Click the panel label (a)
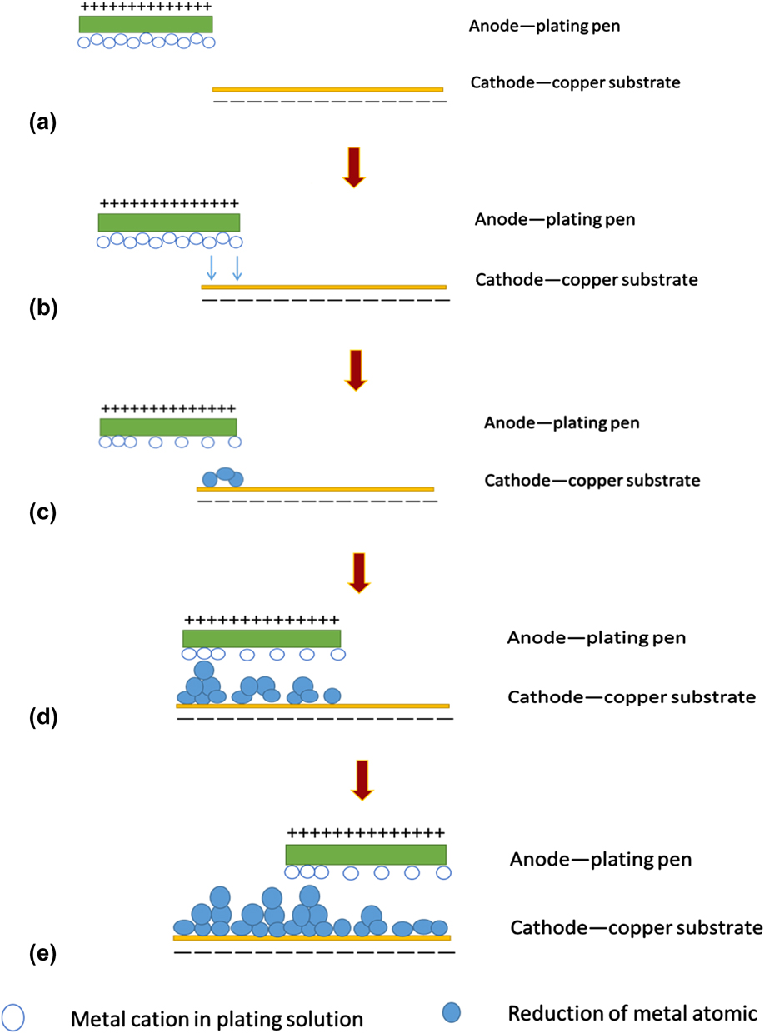(42, 124)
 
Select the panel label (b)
(42, 308)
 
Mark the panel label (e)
(42, 955)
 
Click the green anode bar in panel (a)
(145, 24)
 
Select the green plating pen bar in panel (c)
(168, 427)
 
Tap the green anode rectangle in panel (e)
(365, 855)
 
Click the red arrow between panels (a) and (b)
(354, 167)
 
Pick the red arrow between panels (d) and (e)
(362, 780)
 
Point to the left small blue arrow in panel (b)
(212, 267)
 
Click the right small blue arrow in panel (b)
(237, 267)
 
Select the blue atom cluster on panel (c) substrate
(223, 477)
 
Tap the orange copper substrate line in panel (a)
(327, 89)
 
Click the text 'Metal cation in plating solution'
(217, 1018)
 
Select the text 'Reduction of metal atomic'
(632, 1014)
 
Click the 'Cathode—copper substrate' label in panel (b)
(586, 279)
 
